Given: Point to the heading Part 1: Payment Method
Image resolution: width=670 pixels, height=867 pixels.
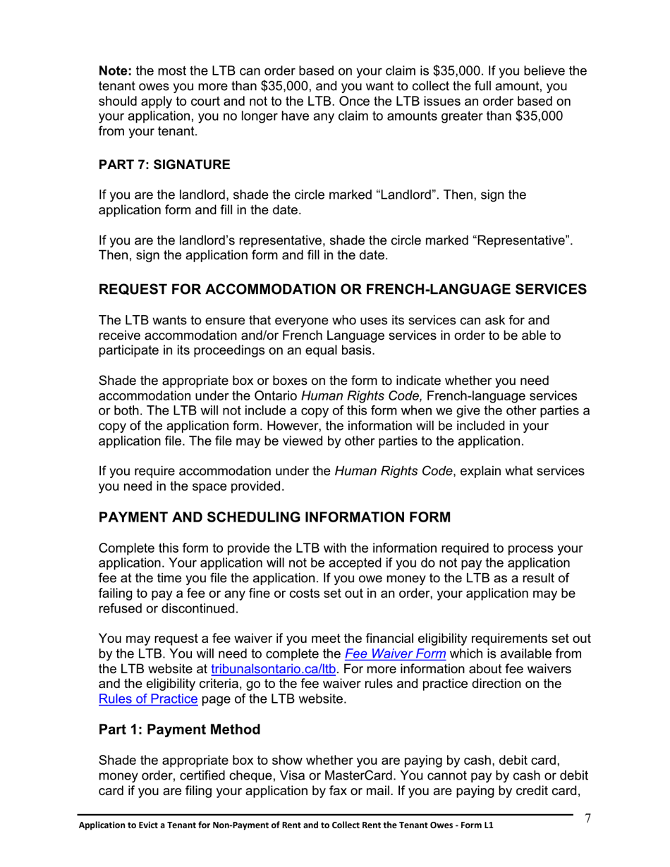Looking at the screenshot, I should (180, 730).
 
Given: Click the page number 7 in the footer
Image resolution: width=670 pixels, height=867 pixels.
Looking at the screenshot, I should (587, 818).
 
